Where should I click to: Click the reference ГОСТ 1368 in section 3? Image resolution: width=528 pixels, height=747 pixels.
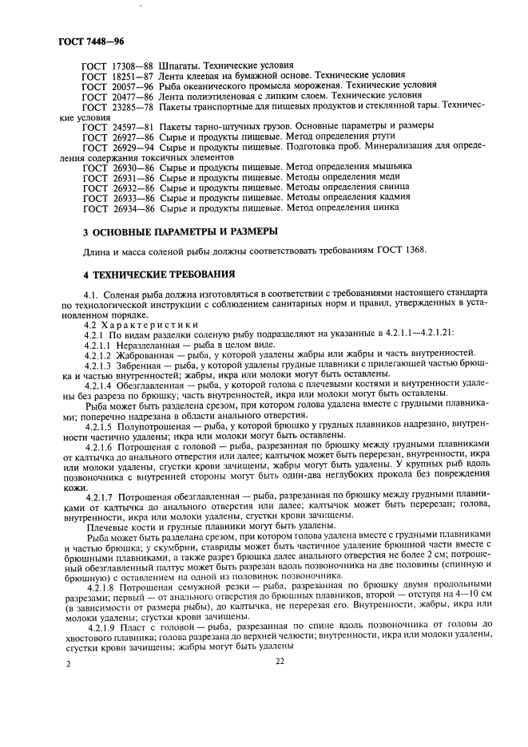click(401, 251)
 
